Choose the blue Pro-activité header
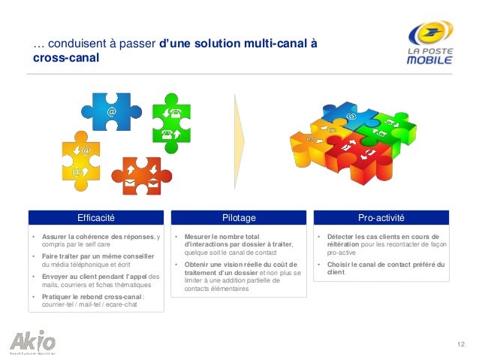coord(381,218)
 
